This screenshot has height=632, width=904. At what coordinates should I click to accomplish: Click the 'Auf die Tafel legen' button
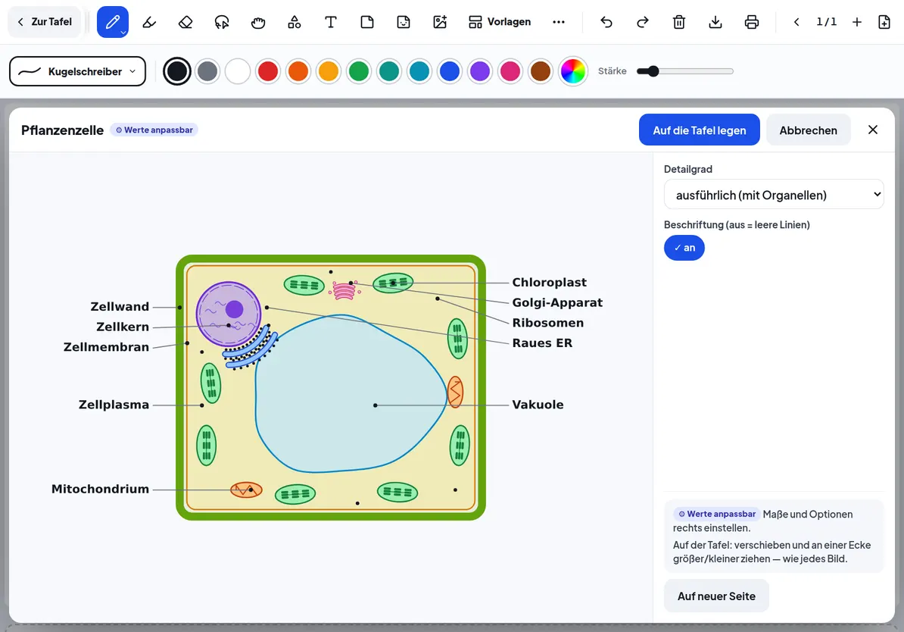tap(699, 130)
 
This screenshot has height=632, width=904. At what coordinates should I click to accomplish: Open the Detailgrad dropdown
tap(773, 195)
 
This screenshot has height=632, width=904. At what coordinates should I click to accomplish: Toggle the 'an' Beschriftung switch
tap(684, 248)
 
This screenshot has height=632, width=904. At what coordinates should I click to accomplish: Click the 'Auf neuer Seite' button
tap(716, 596)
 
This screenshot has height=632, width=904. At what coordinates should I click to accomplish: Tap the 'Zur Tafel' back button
tap(45, 22)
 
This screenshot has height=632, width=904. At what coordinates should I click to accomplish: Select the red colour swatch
tap(267, 71)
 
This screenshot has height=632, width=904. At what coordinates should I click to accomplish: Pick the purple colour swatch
tap(480, 71)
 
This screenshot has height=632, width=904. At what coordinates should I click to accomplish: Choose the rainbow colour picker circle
tap(572, 71)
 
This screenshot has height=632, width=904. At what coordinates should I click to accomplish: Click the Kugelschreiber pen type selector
tap(77, 71)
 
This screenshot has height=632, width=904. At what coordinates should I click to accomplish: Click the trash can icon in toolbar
tap(678, 22)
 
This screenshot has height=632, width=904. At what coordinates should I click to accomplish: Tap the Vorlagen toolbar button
tap(499, 22)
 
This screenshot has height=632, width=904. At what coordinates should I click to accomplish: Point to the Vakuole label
tap(538, 405)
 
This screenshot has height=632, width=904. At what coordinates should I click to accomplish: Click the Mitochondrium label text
tap(100, 489)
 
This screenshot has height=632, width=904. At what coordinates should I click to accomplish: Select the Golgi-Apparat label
tap(557, 302)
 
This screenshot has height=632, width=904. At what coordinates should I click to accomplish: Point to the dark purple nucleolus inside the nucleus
tap(234, 309)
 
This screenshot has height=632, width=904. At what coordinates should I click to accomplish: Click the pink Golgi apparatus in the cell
tap(344, 290)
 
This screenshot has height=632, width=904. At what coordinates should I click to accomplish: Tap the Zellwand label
tap(120, 306)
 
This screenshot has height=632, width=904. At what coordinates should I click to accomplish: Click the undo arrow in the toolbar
tap(606, 22)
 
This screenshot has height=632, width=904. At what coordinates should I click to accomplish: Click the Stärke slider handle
tap(652, 71)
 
